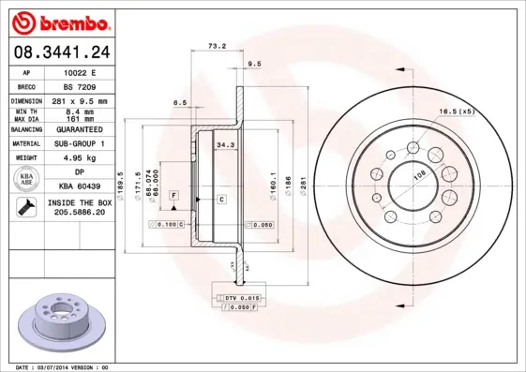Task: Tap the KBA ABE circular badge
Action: click(x=27, y=180)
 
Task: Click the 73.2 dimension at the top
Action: click(x=216, y=45)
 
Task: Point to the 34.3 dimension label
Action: click(x=225, y=145)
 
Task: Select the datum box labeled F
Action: click(x=173, y=194)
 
